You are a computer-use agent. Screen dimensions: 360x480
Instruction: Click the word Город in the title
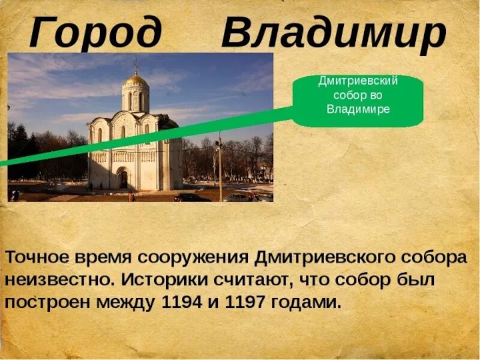pos(95,33)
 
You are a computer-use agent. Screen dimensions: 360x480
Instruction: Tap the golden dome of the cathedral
pos(136,79)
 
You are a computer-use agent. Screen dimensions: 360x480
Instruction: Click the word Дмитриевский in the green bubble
pos(358,81)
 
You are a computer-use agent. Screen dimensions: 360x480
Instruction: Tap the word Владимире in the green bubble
pos(358,110)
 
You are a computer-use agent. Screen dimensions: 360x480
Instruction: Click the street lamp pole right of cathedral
pos(220,168)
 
